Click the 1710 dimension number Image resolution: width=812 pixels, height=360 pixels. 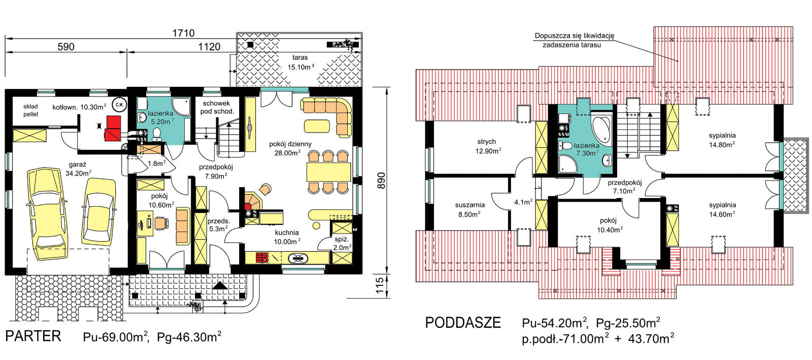tap(183, 33)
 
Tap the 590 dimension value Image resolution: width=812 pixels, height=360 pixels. tap(66, 47)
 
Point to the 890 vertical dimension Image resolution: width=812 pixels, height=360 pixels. tap(381, 181)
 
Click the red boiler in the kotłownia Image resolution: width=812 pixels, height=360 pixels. tap(113, 128)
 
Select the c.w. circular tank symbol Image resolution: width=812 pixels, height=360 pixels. tap(119, 105)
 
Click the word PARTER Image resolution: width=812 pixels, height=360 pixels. tap(33, 336)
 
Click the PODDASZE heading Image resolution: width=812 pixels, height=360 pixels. tap(463, 322)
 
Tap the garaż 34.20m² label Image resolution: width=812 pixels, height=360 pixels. tap(78, 169)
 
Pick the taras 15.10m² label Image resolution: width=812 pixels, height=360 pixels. tap(300, 62)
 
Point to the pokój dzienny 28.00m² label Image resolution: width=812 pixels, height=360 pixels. tap(290, 148)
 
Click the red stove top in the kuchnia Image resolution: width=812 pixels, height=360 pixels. tap(262, 258)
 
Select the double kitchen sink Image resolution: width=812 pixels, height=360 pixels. tap(298, 258)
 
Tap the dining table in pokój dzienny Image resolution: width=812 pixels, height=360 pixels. tap(329, 172)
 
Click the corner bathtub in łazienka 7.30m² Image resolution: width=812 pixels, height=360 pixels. tap(601, 128)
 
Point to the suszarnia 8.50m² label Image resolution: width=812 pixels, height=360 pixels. tap(470, 210)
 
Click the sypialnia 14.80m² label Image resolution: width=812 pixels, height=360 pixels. tap(722, 140)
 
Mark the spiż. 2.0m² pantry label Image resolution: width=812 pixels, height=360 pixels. tap(342, 243)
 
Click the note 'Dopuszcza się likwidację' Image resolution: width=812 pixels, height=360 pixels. tap(574, 36)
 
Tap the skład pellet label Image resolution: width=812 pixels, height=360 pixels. tap(31, 110)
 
